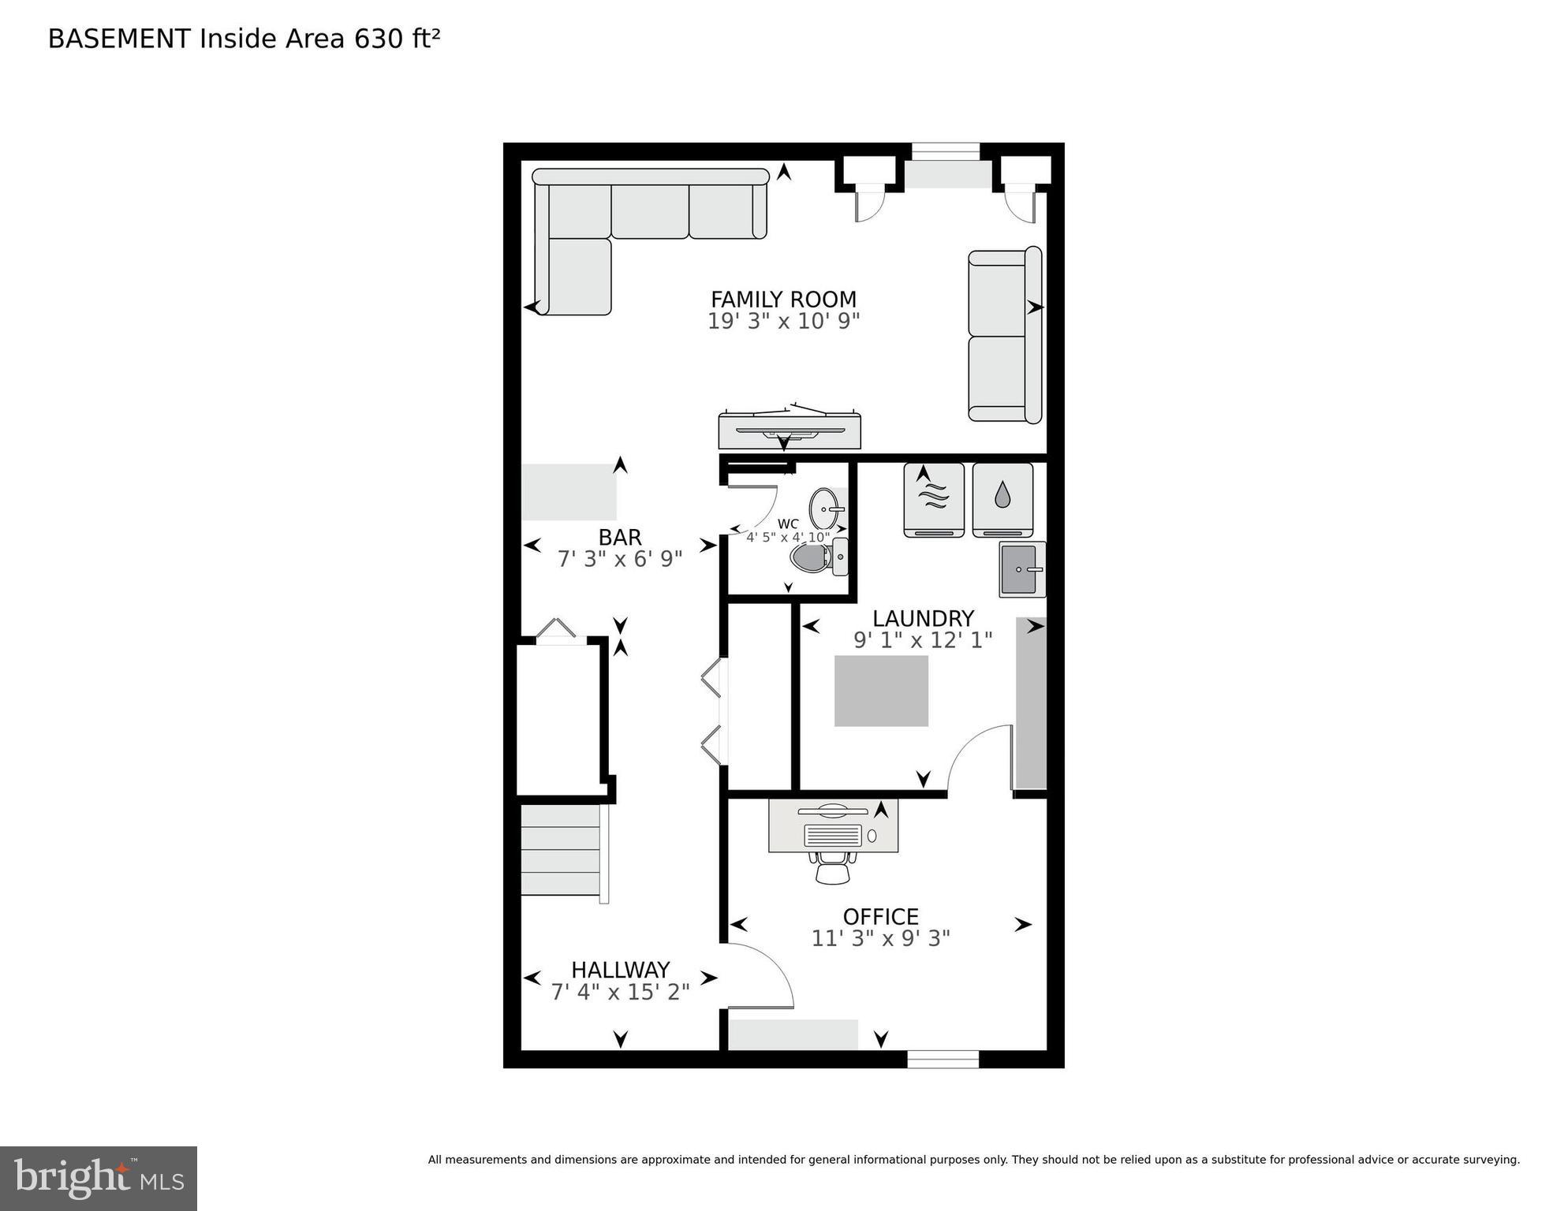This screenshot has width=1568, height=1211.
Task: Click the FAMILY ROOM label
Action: point(782,300)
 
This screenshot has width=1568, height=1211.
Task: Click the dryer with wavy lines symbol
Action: point(933,499)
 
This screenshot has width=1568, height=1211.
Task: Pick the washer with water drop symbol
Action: point(1002,499)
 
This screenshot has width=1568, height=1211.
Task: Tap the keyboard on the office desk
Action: point(833,835)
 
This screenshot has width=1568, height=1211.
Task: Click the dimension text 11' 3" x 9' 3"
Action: point(880,938)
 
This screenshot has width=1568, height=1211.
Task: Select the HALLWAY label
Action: point(620,969)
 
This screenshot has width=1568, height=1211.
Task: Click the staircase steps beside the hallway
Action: point(561,849)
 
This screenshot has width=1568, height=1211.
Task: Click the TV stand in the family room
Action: point(789,430)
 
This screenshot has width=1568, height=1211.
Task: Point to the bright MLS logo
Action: point(98,1178)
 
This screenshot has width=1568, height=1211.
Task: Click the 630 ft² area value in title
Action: point(397,39)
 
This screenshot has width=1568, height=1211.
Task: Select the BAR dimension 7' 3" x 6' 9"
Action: point(620,559)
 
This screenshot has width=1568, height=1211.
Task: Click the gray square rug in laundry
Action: point(881,691)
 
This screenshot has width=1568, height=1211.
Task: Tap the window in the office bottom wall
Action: point(943,1059)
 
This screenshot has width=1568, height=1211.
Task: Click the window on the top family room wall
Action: point(945,151)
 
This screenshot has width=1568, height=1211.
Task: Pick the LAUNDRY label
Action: point(922,618)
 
